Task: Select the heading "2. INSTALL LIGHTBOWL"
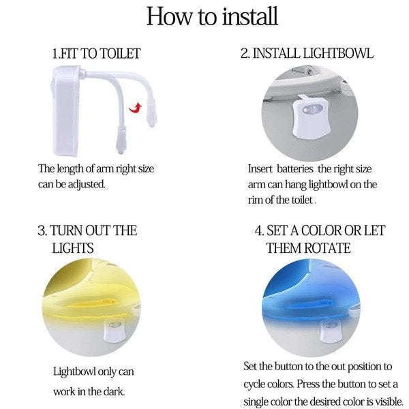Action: (x=307, y=53)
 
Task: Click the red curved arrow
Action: (x=136, y=106)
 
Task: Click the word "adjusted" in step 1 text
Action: (x=87, y=184)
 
